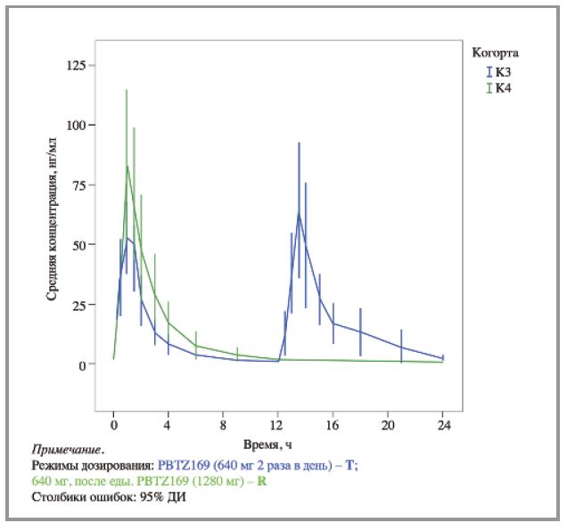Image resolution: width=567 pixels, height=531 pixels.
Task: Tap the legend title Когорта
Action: [x=495, y=53]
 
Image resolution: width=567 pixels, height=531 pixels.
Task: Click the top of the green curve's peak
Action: [x=127, y=166]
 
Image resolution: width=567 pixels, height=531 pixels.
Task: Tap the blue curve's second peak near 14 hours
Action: [x=299, y=212]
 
